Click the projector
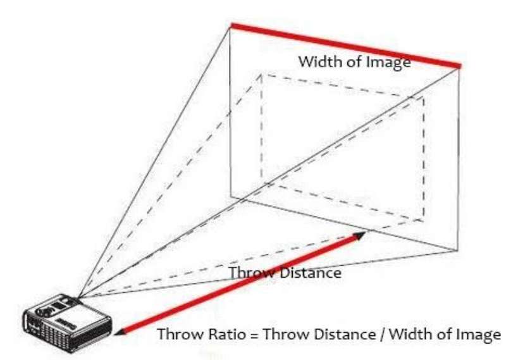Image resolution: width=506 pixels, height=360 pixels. (x=67, y=323)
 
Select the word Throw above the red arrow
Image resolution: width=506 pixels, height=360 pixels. (x=251, y=273)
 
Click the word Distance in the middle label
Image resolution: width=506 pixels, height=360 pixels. (x=311, y=273)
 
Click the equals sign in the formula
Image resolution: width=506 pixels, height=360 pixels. (x=255, y=335)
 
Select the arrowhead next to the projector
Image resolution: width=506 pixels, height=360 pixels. (x=120, y=332)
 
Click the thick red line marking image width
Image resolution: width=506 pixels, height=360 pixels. (x=345, y=46)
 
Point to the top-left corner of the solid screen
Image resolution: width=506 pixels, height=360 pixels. (x=230, y=27)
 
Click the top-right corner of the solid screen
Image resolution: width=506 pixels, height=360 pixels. (x=459, y=68)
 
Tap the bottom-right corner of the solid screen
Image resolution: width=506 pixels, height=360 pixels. (x=458, y=250)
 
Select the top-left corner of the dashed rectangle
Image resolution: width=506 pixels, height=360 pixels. (x=261, y=75)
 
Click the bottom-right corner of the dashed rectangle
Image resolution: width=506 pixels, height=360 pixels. (x=424, y=221)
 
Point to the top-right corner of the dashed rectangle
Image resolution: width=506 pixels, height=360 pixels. (x=424, y=97)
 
